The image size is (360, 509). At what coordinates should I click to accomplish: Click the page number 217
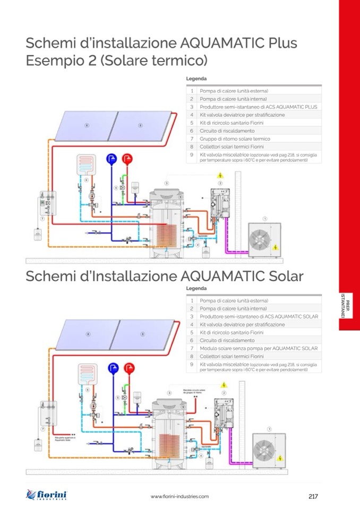coord(313,496)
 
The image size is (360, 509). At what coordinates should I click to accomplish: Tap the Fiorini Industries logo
coord(47,495)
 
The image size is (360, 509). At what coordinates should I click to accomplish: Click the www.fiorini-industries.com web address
coord(179,496)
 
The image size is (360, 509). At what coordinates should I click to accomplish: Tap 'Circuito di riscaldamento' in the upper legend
coord(227,131)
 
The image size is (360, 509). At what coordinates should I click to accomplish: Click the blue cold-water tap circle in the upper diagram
coord(112,158)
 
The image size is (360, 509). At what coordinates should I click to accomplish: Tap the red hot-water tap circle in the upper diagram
coord(127,158)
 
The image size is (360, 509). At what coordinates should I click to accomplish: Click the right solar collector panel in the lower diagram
coord(142,334)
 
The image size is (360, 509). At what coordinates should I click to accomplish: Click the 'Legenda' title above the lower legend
coord(196,288)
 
